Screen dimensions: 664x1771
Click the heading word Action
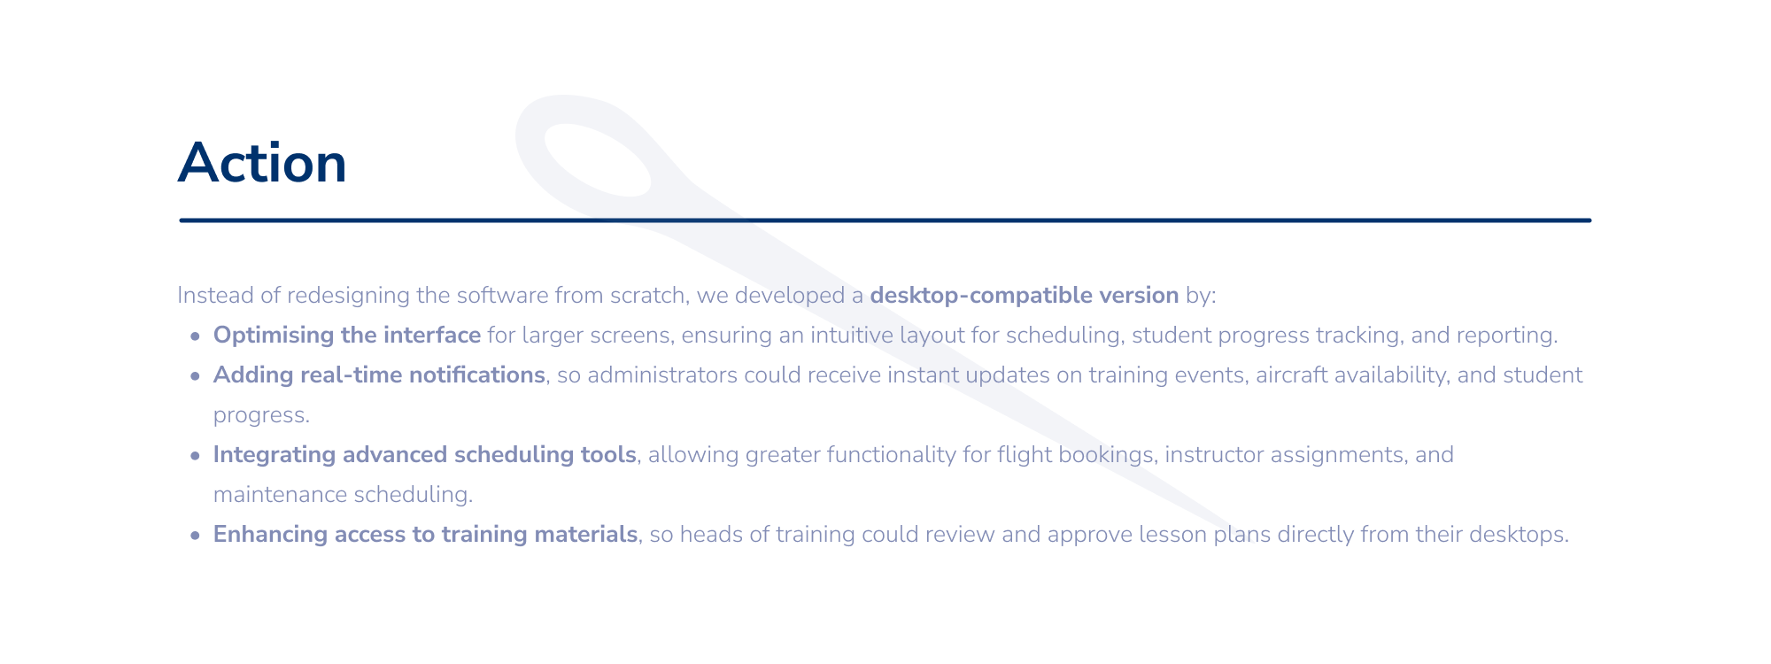(262, 164)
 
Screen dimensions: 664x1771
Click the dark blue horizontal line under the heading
(885, 220)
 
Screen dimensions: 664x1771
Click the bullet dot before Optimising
(195, 336)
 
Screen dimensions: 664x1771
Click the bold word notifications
(477, 374)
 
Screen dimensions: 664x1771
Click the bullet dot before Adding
(195, 376)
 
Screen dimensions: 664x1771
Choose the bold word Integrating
(275, 454)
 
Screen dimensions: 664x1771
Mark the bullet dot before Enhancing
(195, 536)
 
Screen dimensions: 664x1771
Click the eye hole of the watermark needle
(597, 160)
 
